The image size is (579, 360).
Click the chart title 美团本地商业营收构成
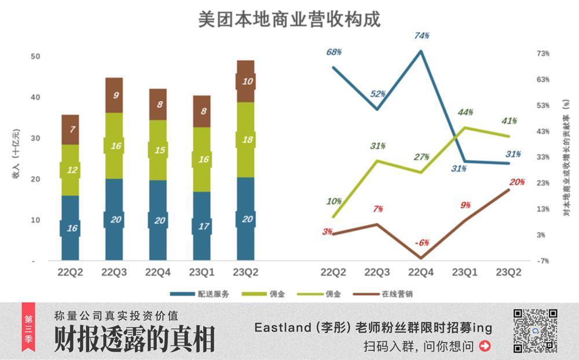click(x=289, y=19)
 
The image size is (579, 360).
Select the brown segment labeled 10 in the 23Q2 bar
click(x=245, y=81)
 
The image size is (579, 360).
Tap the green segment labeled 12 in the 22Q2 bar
click(x=70, y=170)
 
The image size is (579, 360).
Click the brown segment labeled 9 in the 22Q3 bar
click(x=114, y=95)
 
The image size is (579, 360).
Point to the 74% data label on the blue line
click(x=422, y=36)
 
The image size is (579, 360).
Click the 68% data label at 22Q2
click(x=334, y=52)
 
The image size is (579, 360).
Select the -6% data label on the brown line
click(x=422, y=243)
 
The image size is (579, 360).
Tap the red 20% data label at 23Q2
click(x=516, y=182)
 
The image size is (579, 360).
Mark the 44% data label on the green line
click(x=466, y=112)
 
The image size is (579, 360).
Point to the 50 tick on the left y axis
click(x=36, y=56)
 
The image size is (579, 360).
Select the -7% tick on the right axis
click(x=542, y=261)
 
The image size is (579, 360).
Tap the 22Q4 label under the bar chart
click(x=157, y=272)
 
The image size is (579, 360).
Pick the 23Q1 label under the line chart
click(x=466, y=272)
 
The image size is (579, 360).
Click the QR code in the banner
click(x=535, y=331)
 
